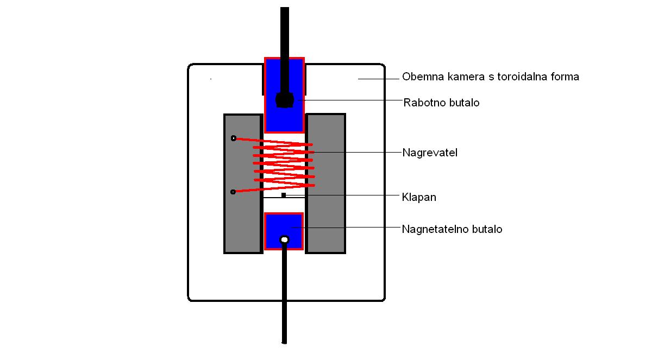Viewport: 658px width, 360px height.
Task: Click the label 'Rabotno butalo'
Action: [x=441, y=103]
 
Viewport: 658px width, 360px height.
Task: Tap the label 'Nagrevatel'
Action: [x=430, y=153]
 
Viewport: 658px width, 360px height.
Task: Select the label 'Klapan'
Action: [x=419, y=197]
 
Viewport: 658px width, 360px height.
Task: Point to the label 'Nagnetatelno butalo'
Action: [x=452, y=229]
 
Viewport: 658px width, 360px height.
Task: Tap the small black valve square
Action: [x=284, y=195]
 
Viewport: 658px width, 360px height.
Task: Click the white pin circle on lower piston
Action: [x=284, y=239]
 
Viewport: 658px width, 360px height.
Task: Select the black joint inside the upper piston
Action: [x=284, y=100]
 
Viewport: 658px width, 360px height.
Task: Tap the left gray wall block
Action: [x=243, y=217]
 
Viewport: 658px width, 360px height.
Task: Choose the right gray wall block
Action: [x=325, y=217]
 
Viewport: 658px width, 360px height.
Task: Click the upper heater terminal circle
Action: [x=233, y=138]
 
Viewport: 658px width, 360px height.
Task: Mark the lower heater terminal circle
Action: [x=233, y=192]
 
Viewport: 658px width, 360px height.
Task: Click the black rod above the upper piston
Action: [x=285, y=33]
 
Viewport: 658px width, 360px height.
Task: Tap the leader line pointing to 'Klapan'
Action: [x=342, y=195]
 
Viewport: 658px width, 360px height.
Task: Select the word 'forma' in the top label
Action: [x=565, y=77]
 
